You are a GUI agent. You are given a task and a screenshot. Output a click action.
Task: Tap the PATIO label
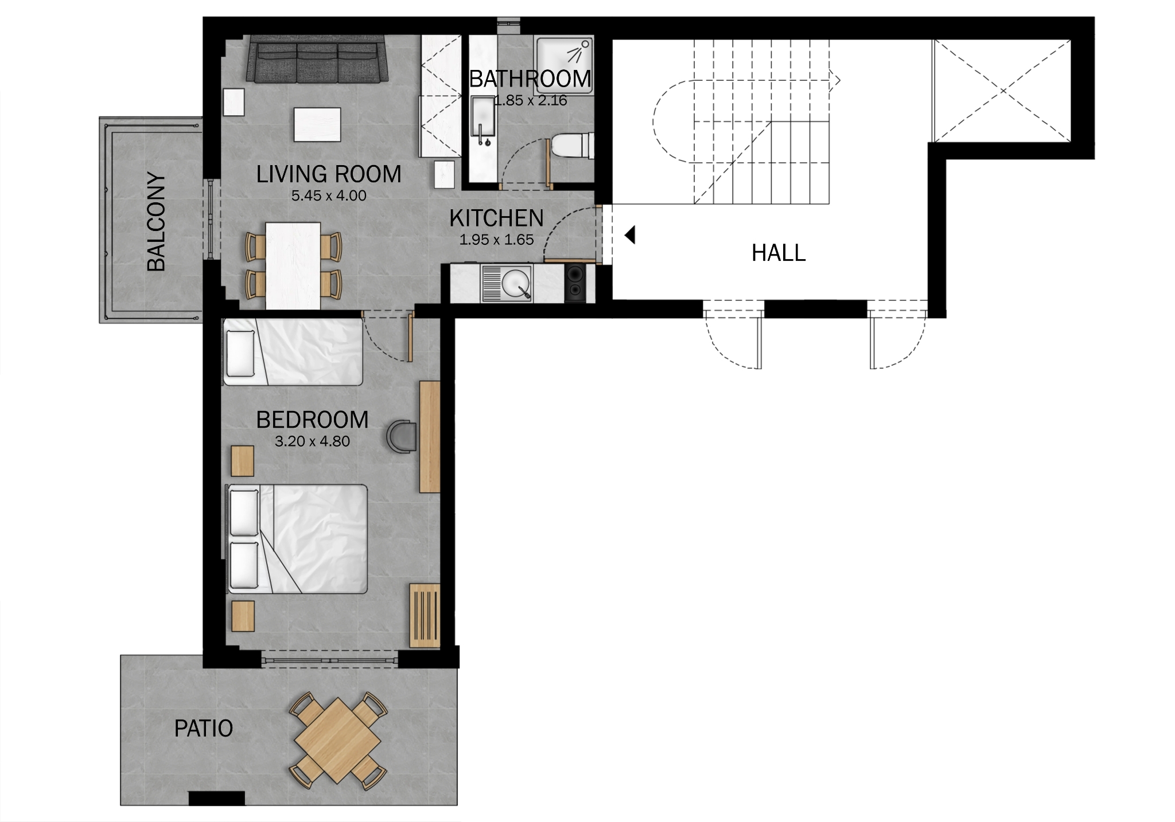point(204,729)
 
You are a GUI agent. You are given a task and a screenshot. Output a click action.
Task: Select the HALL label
point(779,253)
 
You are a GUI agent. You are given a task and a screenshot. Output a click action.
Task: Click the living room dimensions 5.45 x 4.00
point(329,196)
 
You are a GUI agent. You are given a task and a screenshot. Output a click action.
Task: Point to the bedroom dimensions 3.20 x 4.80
point(312,441)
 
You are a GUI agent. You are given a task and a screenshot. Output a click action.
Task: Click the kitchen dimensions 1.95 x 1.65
point(496,240)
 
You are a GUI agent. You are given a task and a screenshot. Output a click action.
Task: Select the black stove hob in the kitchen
point(575,283)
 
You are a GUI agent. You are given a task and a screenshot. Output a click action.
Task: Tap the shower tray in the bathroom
point(563,65)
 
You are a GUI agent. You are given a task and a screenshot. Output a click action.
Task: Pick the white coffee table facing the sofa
point(317,124)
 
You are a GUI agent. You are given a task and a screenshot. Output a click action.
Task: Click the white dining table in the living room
point(293,266)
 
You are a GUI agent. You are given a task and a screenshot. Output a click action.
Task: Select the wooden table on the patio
point(337,740)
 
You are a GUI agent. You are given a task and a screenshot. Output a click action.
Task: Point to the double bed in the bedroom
point(298,539)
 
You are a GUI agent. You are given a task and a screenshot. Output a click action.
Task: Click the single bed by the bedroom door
point(293,352)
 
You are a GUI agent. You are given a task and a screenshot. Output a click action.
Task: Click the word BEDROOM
point(312,420)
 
